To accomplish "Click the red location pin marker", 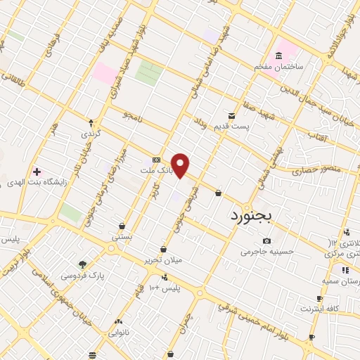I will coord(181,165).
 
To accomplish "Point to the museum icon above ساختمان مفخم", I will coord(279,56).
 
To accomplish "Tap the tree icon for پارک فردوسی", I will coord(83,265).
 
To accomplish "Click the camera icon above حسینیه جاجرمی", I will coord(266,241).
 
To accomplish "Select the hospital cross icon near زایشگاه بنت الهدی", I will coord(37,172).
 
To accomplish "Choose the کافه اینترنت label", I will coord(321,309).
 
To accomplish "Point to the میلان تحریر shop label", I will coord(163,259).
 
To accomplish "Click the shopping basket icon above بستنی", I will coord(122,226).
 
